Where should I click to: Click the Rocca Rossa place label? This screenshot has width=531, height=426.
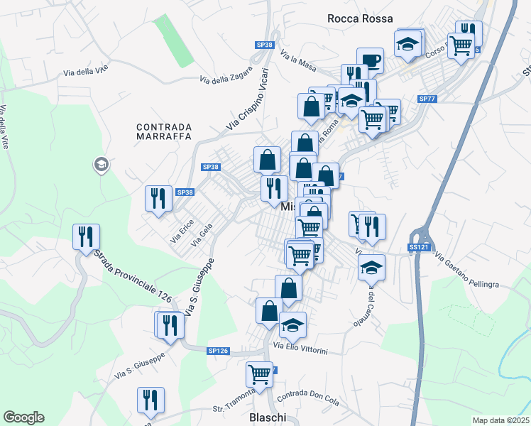tap(356, 18)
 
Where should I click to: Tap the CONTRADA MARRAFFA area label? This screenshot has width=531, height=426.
tap(164, 133)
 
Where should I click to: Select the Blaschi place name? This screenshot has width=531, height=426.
tap(268, 417)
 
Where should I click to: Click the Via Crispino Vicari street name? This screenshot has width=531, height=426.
tap(248, 99)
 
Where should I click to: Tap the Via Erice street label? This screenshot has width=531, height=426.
tap(182, 234)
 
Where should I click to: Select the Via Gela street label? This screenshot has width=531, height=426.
tap(202, 234)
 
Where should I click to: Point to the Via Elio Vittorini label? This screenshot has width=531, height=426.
tap(301, 350)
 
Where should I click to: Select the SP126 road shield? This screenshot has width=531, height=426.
tap(218, 351)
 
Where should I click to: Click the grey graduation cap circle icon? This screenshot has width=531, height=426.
tap(101, 165)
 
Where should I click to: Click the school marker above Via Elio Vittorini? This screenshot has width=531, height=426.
tap(292, 324)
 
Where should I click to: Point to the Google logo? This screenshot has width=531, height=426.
tap(23, 417)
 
